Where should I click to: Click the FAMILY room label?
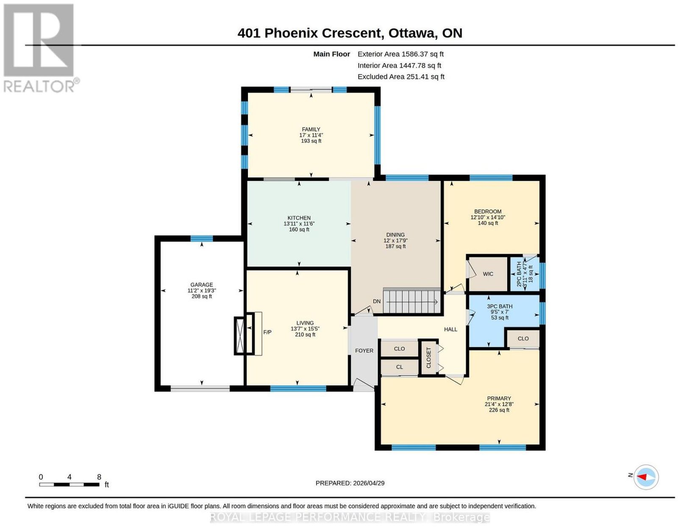311,129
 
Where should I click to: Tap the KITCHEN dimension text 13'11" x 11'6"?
299,224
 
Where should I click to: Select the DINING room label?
395,234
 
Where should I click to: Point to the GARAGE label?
202,284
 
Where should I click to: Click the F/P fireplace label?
267,332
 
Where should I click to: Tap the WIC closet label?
488,274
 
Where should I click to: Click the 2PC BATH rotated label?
519,274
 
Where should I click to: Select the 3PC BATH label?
500,307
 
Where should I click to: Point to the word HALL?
450,329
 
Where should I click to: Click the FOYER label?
364,351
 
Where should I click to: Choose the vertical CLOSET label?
428,357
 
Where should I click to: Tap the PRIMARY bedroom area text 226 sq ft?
499,410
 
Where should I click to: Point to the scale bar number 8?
99,477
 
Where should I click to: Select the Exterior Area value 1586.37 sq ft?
422,54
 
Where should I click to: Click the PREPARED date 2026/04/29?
369,483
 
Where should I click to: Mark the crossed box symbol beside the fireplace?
240,336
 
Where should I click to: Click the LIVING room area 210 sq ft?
305,335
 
